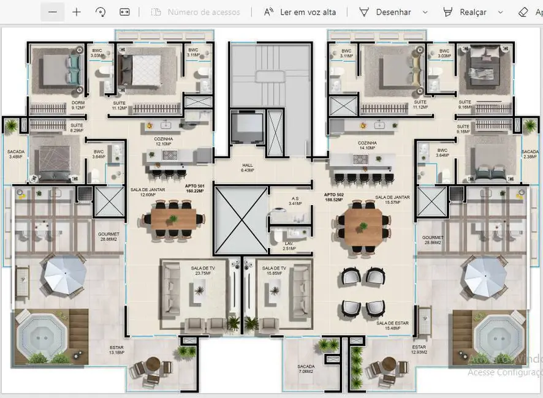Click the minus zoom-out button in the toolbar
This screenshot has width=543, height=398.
click(x=52, y=12)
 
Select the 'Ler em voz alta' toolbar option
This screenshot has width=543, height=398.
click(x=300, y=12)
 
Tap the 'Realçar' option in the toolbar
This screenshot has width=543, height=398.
click(x=473, y=12)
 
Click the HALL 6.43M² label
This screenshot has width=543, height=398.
click(x=247, y=168)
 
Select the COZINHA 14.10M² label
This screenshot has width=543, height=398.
click(x=367, y=145)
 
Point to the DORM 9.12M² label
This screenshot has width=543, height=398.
click(x=61, y=105)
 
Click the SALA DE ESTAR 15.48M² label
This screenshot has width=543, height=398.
click(x=392, y=326)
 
